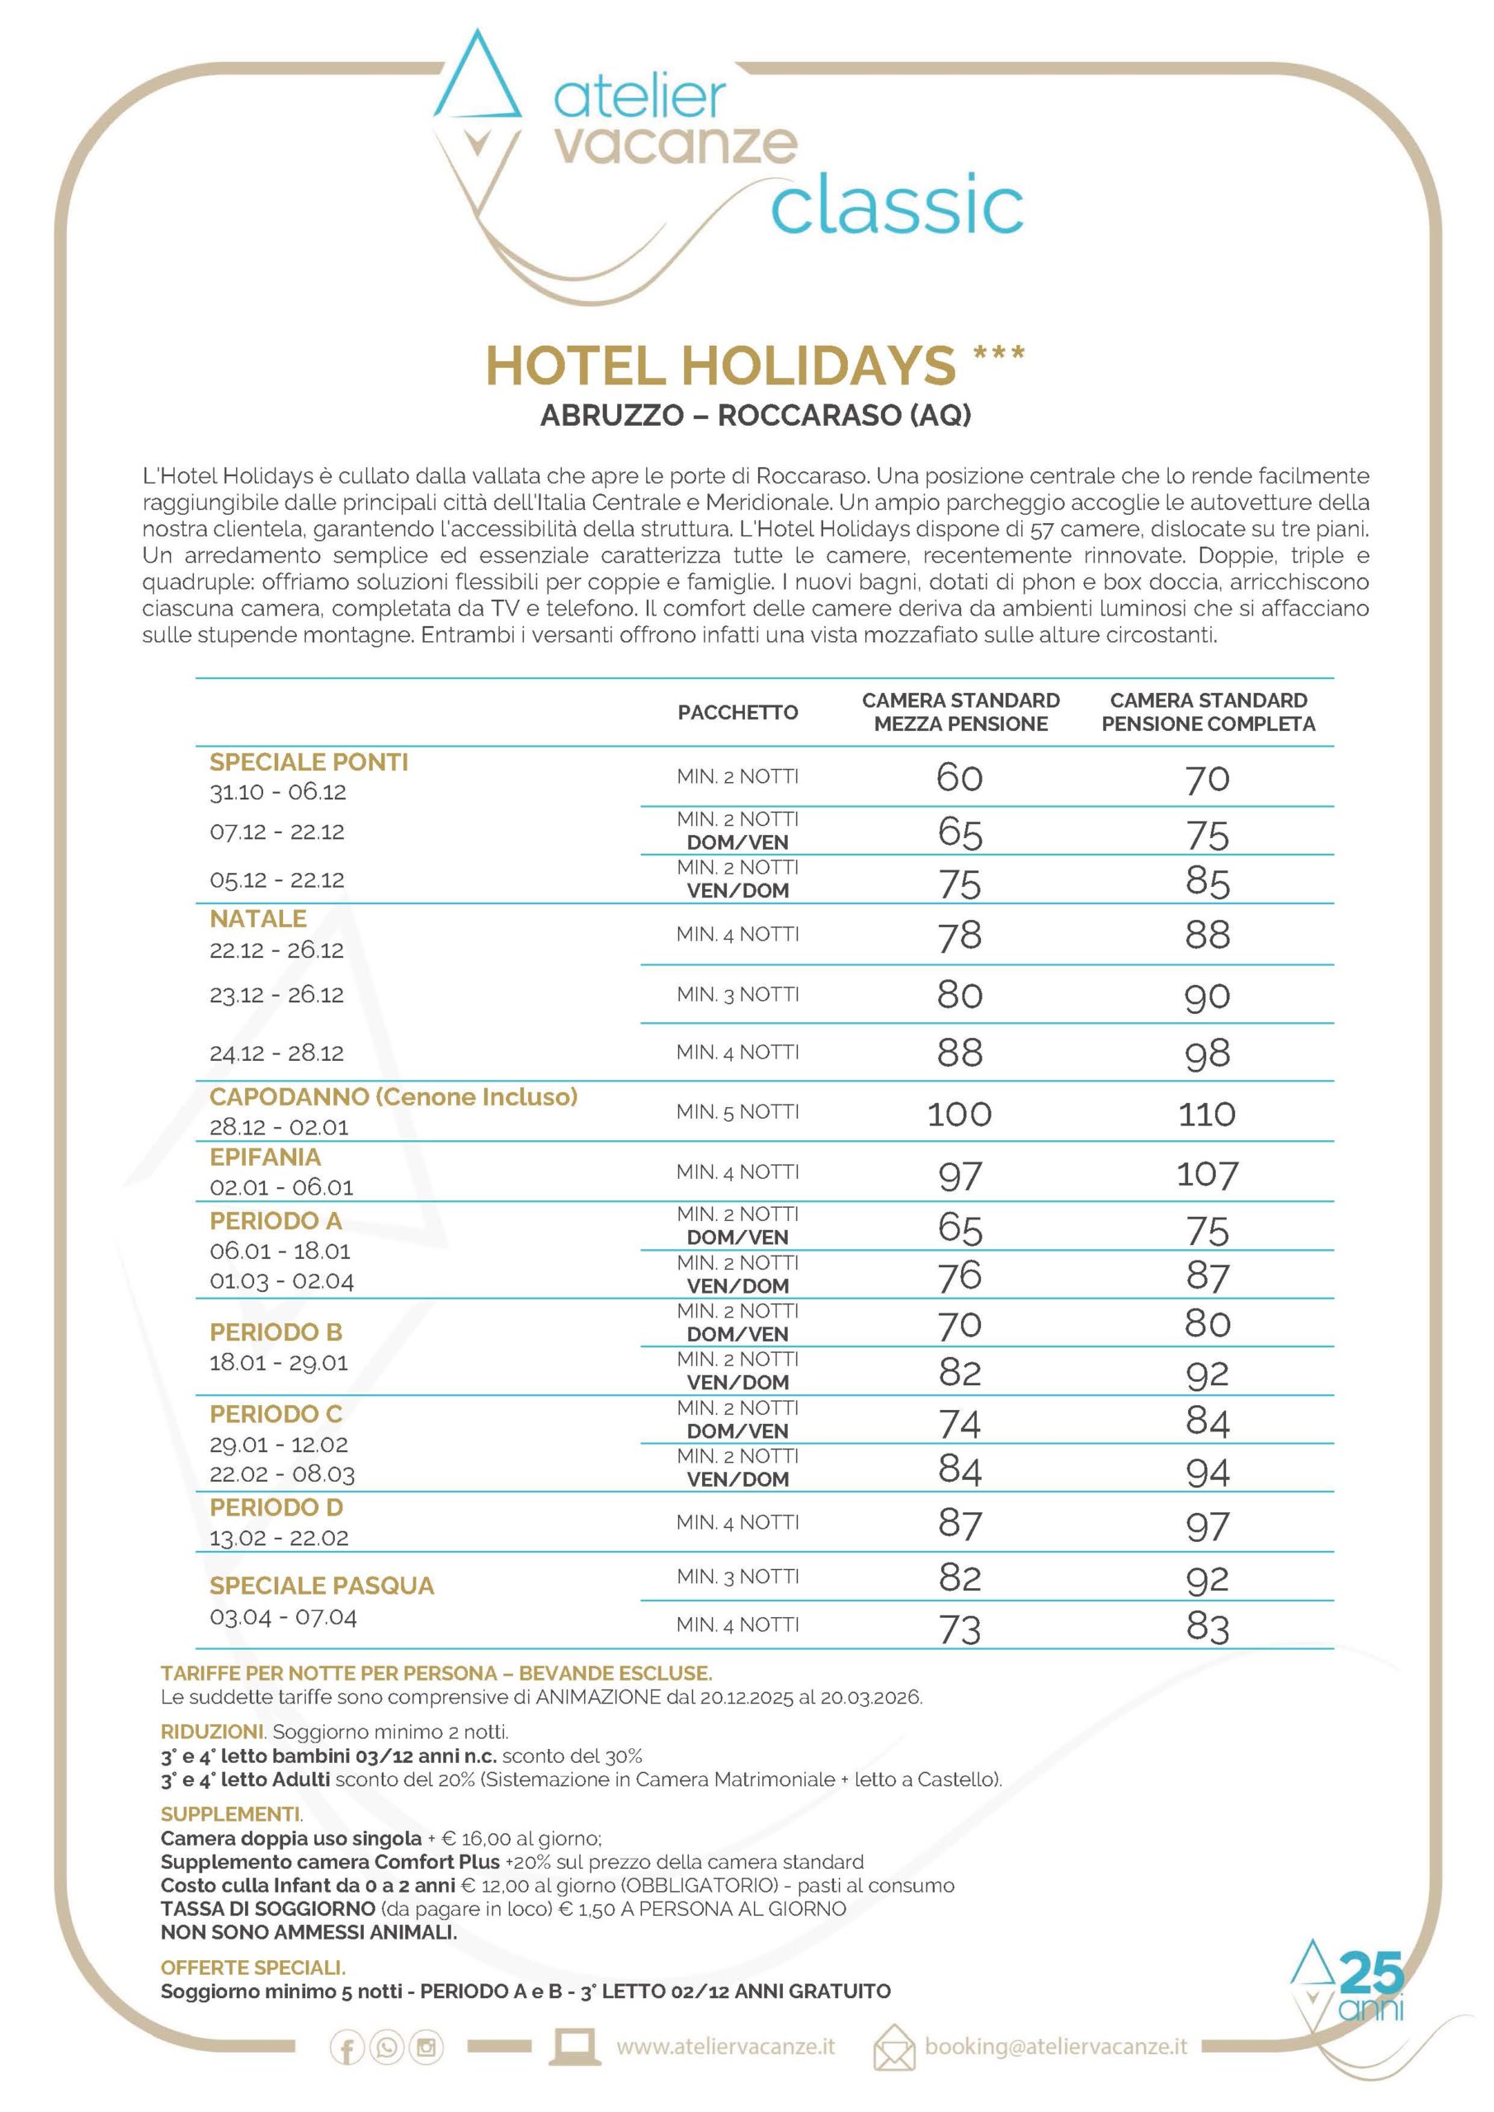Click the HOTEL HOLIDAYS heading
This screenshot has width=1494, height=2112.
[720, 366]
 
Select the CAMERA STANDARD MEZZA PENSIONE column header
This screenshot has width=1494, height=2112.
[960, 712]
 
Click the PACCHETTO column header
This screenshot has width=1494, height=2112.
[738, 713]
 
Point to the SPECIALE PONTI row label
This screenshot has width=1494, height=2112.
[309, 762]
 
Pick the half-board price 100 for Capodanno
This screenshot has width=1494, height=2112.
[959, 1114]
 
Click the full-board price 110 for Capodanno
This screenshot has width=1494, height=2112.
[1207, 1114]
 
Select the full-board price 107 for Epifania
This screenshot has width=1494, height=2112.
[1207, 1175]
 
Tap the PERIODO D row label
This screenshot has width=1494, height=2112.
[276, 1507]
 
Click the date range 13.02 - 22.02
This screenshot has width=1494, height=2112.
[279, 1538]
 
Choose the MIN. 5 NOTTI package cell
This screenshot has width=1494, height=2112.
[738, 1112]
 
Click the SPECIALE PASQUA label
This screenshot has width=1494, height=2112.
[322, 1586]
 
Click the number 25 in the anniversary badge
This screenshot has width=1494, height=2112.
[1373, 1973]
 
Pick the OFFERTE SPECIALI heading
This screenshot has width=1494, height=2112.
[253, 1967]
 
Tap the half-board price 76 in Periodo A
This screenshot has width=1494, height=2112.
[959, 1275]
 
